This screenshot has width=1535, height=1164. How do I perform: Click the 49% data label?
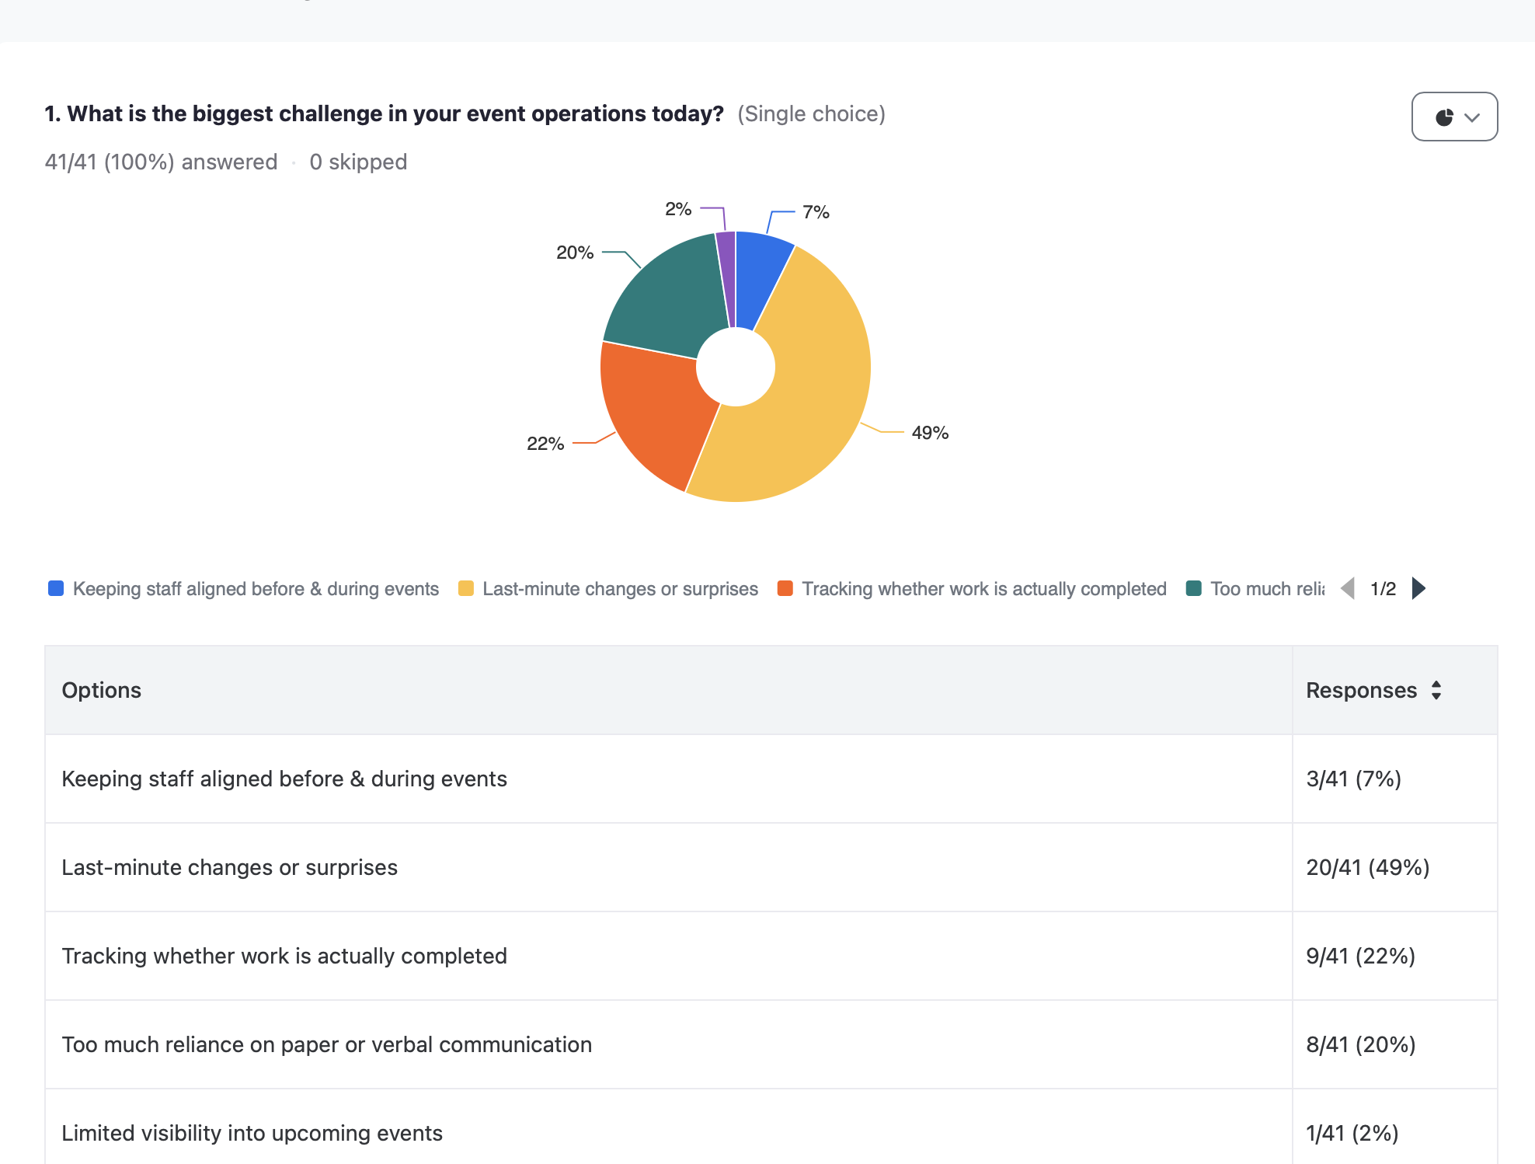[930, 433]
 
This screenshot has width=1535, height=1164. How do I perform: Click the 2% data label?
[677, 209]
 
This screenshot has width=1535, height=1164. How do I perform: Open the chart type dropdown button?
[1454, 117]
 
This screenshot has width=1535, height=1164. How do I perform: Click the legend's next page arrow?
[1418, 588]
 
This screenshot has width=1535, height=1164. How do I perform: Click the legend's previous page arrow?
[1349, 588]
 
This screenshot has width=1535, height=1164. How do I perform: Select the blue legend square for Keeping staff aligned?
[56, 588]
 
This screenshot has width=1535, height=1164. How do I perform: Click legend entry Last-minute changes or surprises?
[620, 589]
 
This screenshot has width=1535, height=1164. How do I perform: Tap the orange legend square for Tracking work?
[785, 588]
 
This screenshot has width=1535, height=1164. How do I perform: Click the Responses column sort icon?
[1436, 690]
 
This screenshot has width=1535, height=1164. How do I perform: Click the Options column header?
[102, 690]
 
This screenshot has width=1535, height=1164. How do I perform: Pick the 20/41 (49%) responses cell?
[1367, 867]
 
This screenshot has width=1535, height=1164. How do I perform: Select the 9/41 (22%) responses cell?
[1360, 956]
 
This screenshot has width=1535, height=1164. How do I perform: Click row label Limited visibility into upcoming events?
[252, 1133]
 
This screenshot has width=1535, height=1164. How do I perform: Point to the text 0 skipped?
[358, 162]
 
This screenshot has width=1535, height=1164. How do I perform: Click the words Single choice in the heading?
[811, 113]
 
